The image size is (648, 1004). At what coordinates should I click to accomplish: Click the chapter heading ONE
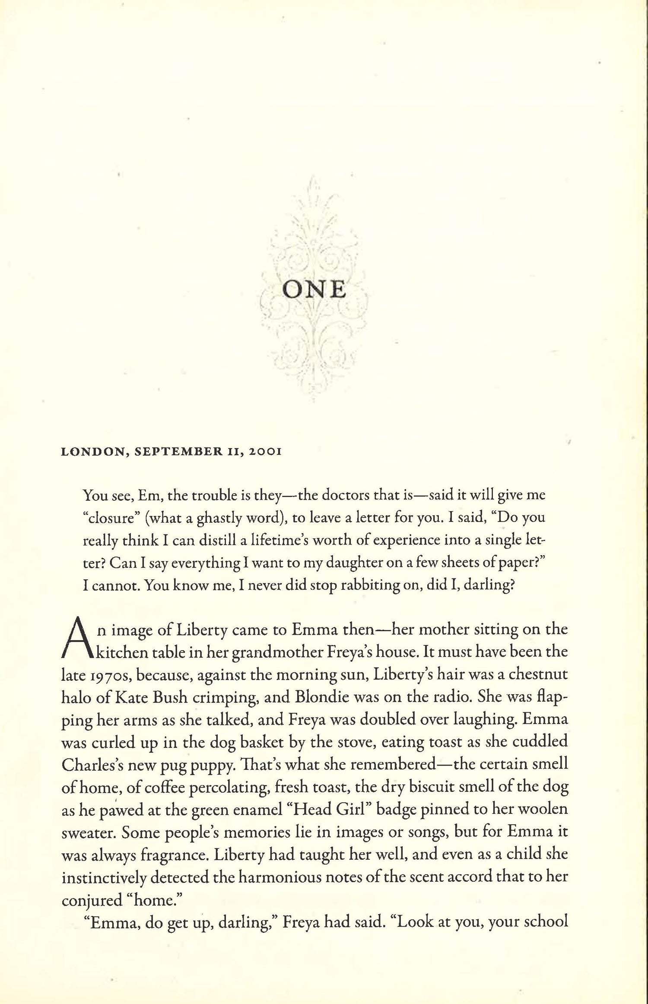[x=314, y=290]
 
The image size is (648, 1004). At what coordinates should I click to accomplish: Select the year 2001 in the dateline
[x=262, y=452]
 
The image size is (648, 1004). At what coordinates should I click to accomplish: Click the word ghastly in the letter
[x=219, y=518]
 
